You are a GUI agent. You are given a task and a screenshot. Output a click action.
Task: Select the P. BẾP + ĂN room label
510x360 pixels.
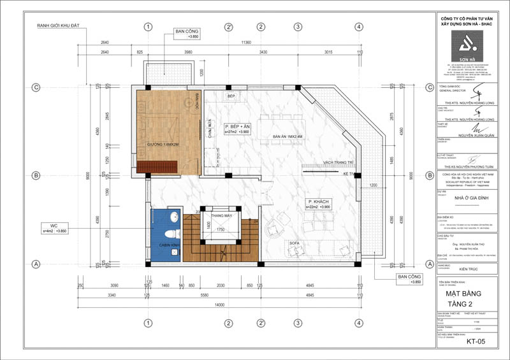pyautogui.click(x=237, y=127)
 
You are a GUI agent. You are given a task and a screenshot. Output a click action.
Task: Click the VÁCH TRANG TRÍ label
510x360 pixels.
pyautogui.click(x=339, y=162)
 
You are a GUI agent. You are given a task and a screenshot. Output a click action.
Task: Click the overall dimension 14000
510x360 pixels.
pyautogui.click(x=220, y=306)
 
